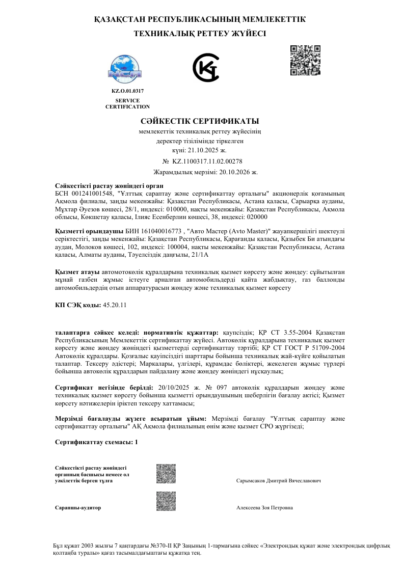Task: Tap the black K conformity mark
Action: tap(205, 67)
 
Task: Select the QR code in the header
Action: tap(305, 60)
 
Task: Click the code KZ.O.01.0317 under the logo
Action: tap(127, 91)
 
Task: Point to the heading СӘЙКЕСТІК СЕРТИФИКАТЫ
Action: tap(200, 121)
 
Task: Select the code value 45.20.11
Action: tap(115, 305)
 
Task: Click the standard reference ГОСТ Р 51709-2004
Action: tap(316, 348)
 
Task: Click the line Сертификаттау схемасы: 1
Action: tap(96, 442)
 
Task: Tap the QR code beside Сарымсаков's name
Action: tap(166, 474)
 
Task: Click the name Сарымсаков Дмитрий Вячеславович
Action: tap(279, 481)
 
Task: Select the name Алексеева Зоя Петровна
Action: tap(264, 508)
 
